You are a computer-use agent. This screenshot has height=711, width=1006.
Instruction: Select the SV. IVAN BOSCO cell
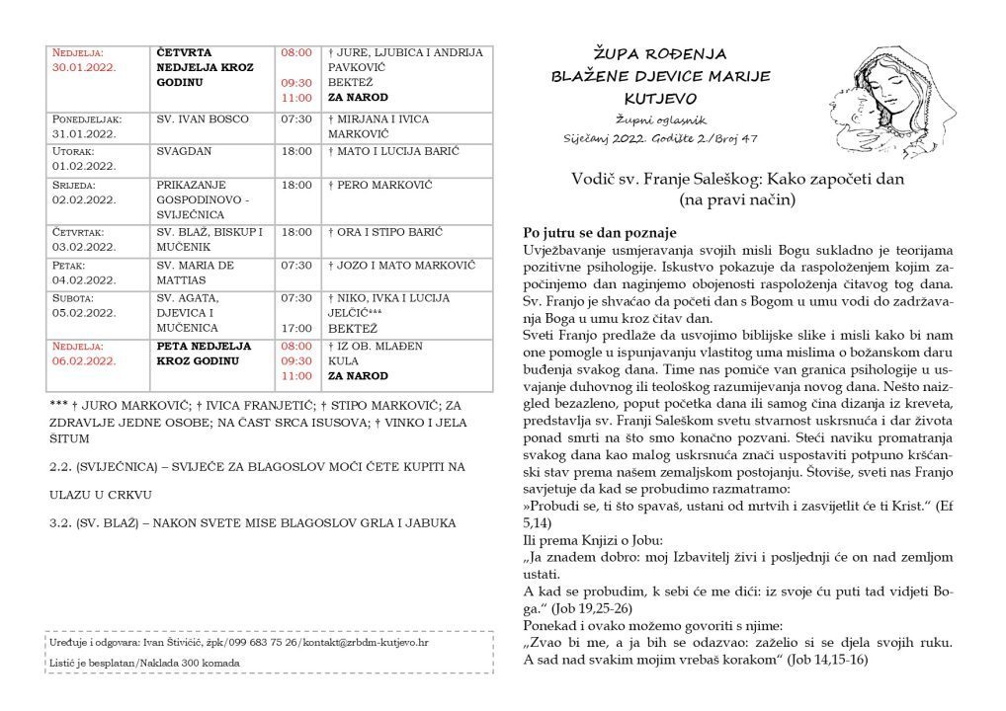(200, 118)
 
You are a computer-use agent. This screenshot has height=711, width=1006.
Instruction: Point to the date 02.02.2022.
(86, 199)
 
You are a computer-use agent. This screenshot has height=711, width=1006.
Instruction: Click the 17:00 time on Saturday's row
(296, 328)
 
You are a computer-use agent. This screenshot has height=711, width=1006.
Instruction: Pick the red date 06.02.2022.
(86, 360)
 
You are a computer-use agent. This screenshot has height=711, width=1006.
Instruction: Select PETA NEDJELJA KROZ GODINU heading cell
(204, 354)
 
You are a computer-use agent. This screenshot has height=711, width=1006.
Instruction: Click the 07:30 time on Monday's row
(296, 118)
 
